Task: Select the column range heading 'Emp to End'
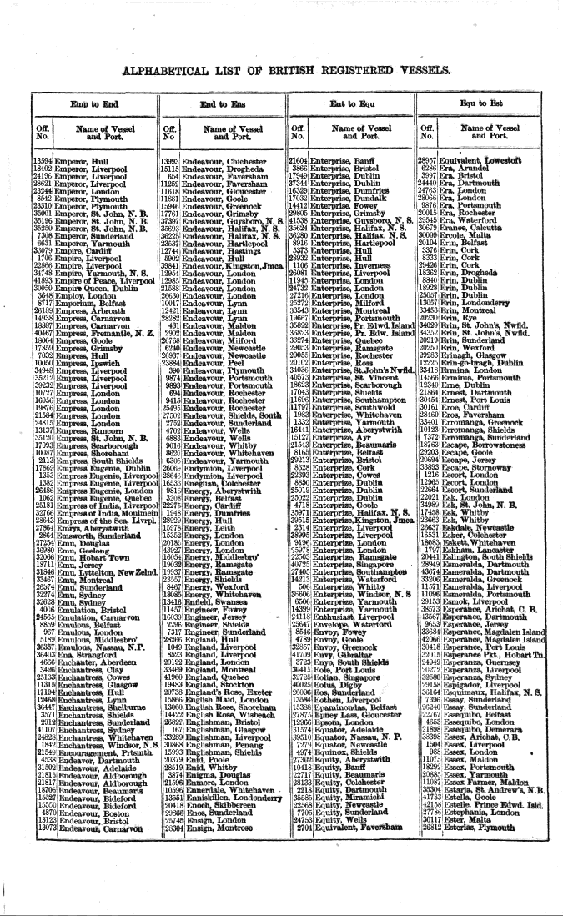click(94, 105)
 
